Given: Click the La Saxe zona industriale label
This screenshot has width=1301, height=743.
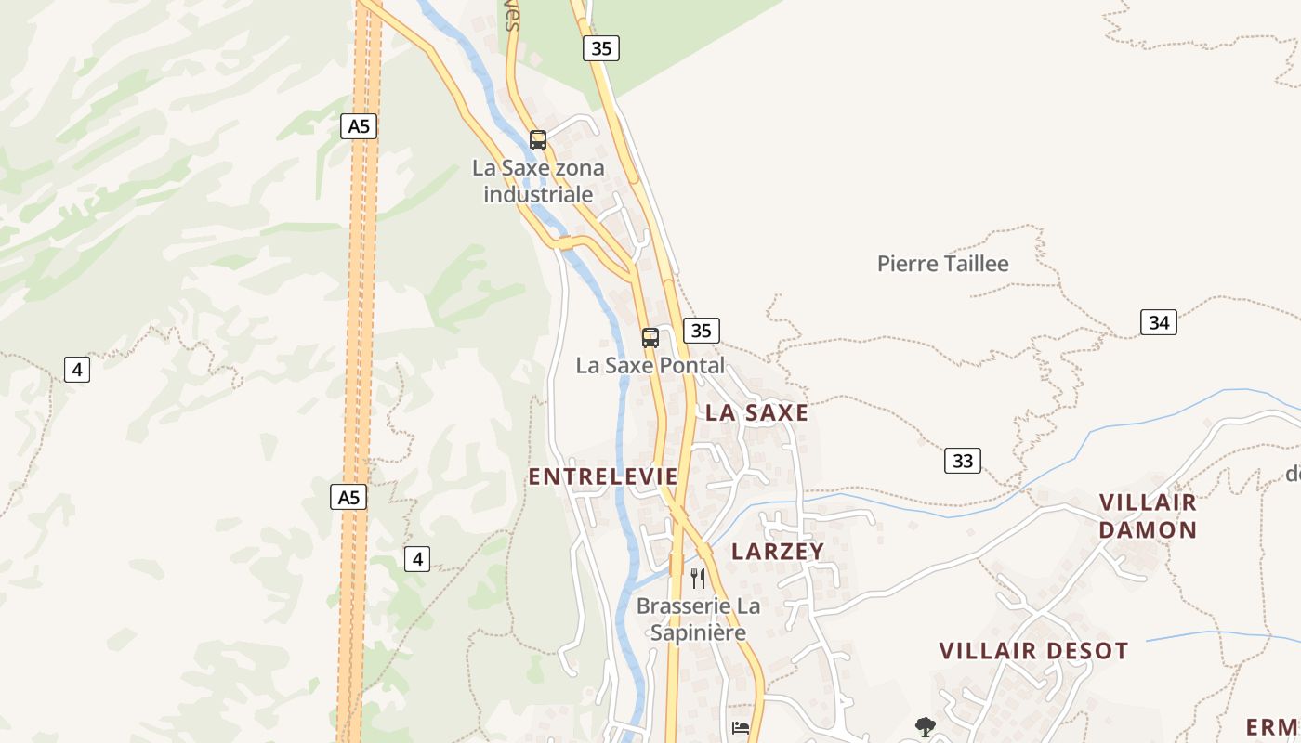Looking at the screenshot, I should [x=538, y=181].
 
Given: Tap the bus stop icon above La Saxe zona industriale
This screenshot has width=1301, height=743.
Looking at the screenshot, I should [x=538, y=140].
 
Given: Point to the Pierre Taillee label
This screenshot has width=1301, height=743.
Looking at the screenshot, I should [x=942, y=264].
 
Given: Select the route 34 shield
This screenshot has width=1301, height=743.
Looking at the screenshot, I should [x=1158, y=322].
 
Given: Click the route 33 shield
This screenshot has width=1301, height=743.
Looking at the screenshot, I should [x=962, y=461].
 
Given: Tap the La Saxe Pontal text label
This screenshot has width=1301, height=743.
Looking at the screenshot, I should [x=650, y=366].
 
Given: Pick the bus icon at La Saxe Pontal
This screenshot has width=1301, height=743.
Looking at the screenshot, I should [x=650, y=338].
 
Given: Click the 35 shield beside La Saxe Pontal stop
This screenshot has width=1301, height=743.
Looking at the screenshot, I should [x=701, y=331].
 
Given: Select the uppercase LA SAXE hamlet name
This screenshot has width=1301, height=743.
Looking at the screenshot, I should [x=756, y=413].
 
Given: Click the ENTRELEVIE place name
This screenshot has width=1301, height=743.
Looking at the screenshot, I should [x=603, y=476].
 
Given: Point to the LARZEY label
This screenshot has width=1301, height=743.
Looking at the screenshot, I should [x=778, y=552].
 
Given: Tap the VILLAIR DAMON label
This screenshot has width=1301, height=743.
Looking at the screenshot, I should [x=1149, y=516].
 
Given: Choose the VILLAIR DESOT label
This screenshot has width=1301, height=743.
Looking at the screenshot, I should [x=1033, y=651].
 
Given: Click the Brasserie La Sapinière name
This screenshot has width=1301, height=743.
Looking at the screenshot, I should [x=698, y=619].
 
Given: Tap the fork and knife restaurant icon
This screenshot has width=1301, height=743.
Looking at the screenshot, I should [x=698, y=579].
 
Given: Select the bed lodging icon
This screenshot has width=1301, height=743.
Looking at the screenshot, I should [x=741, y=727].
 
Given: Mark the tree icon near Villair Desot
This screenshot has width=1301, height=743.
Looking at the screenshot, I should [x=925, y=726].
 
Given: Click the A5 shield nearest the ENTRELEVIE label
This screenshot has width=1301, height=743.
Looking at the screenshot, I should [x=348, y=498].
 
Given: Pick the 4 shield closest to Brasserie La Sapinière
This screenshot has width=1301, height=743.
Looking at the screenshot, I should [x=417, y=559].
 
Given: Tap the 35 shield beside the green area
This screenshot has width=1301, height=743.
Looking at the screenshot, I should [x=601, y=48].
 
